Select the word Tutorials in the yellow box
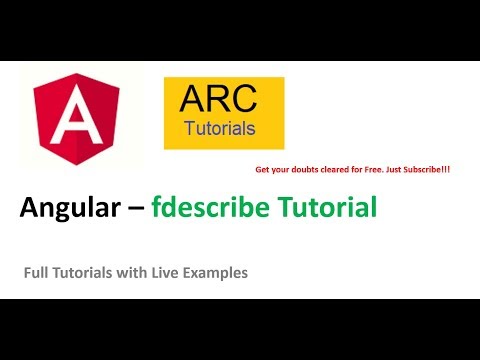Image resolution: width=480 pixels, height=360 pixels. point(220,128)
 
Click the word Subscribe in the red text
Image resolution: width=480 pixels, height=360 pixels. point(425,170)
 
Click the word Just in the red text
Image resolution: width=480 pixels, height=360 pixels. point(390,170)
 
